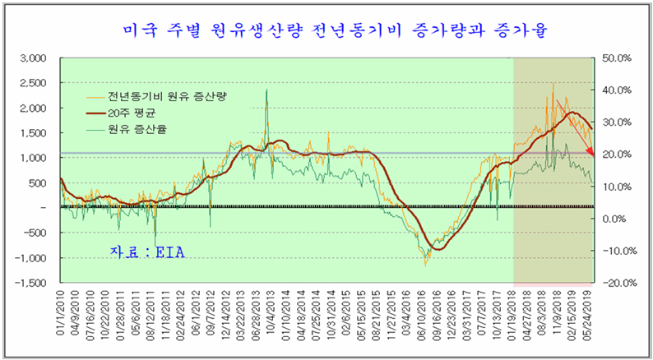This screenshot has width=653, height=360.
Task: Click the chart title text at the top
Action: click(326, 30)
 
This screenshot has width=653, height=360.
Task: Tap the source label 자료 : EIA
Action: click(148, 252)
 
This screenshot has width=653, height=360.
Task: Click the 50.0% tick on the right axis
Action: click(616, 58)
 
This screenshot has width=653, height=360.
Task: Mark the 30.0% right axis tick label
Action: click(616, 122)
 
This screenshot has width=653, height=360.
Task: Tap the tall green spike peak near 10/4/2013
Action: click(266, 90)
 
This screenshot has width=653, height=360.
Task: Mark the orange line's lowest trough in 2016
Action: click(425, 265)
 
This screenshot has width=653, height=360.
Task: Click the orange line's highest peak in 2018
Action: click(553, 83)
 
